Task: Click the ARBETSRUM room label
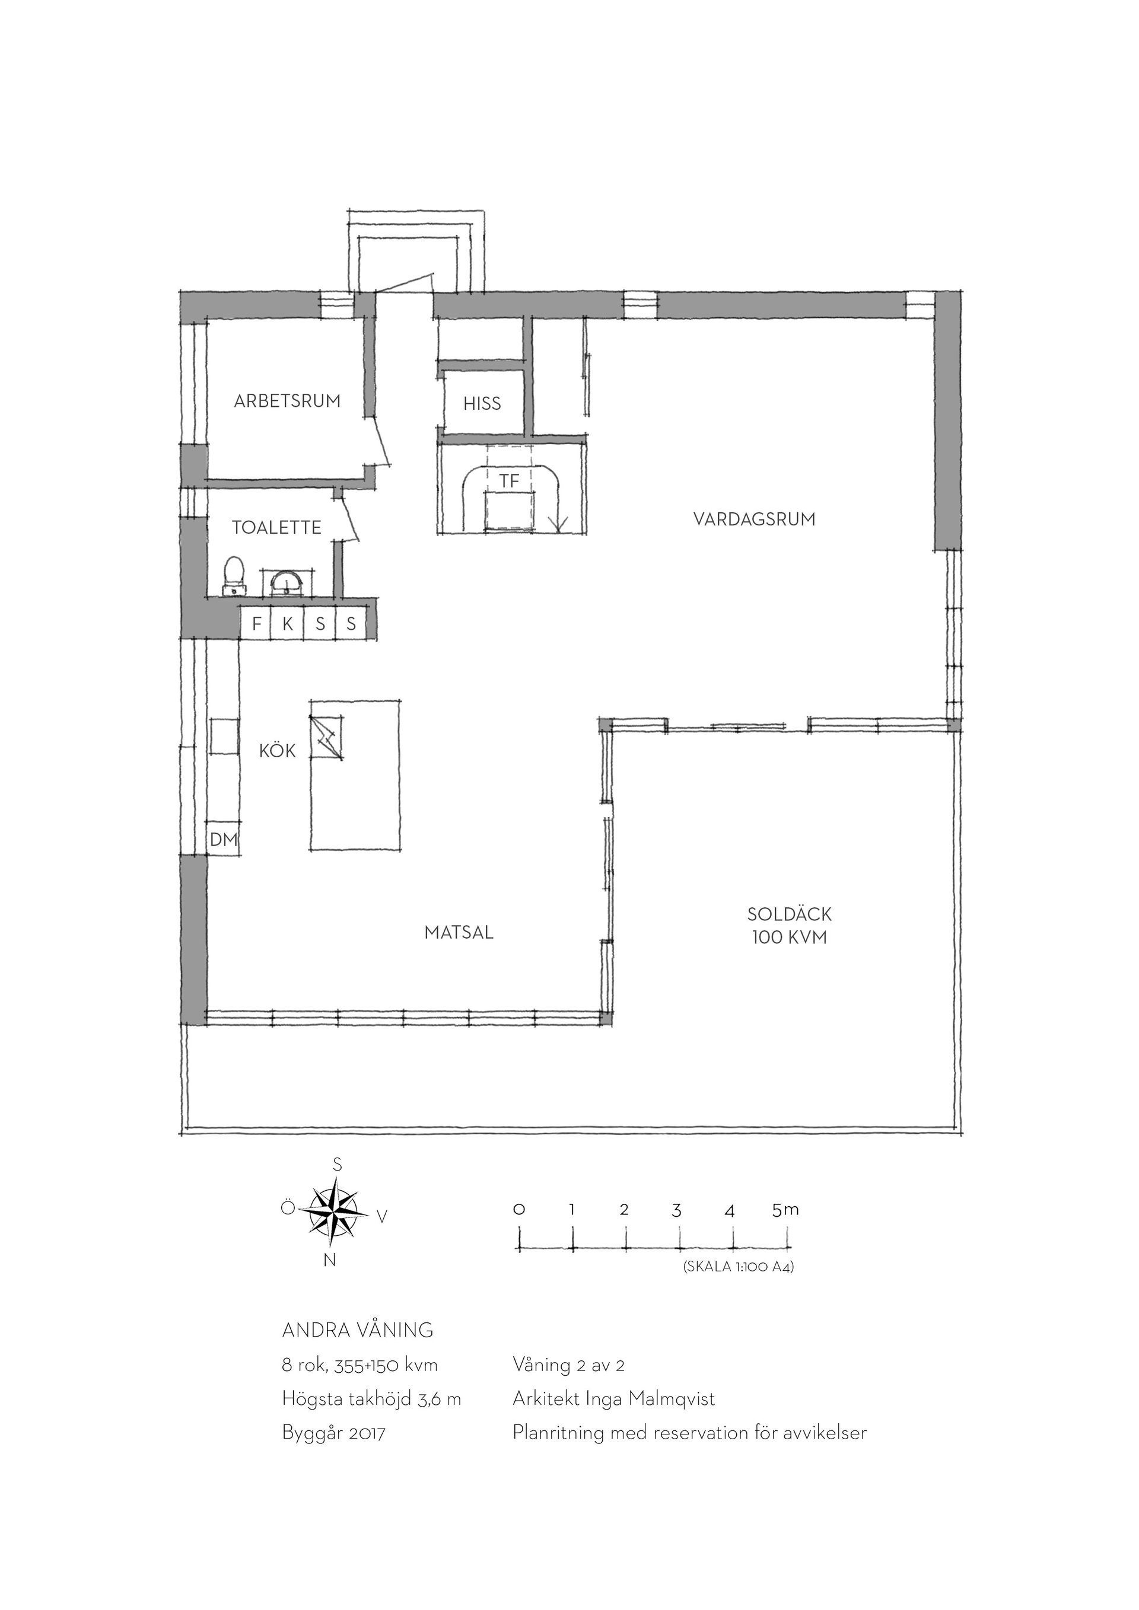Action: [x=287, y=401]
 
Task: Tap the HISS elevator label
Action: [x=482, y=403]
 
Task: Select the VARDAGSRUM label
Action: [x=754, y=519]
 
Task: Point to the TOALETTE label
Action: [x=276, y=527]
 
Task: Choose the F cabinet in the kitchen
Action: [x=257, y=623]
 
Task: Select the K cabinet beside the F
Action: [x=288, y=623]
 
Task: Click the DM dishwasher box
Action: [x=224, y=839]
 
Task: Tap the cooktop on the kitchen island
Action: [x=327, y=737]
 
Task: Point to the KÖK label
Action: [x=277, y=751]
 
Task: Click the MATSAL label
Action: [x=459, y=933]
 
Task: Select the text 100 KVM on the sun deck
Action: [x=789, y=938]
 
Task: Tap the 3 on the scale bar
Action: [x=676, y=1210]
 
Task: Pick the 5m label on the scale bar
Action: [x=785, y=1209]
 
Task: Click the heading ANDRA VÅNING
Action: [x=358, y=1330]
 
